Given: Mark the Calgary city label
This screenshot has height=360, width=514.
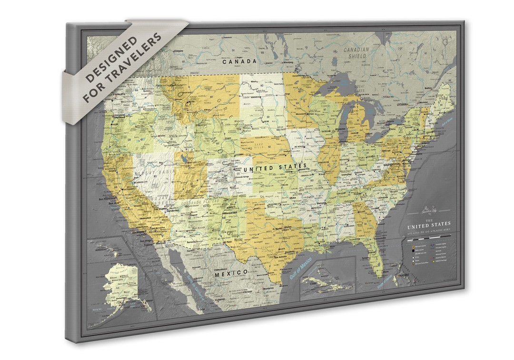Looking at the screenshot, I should coord(179,50).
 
